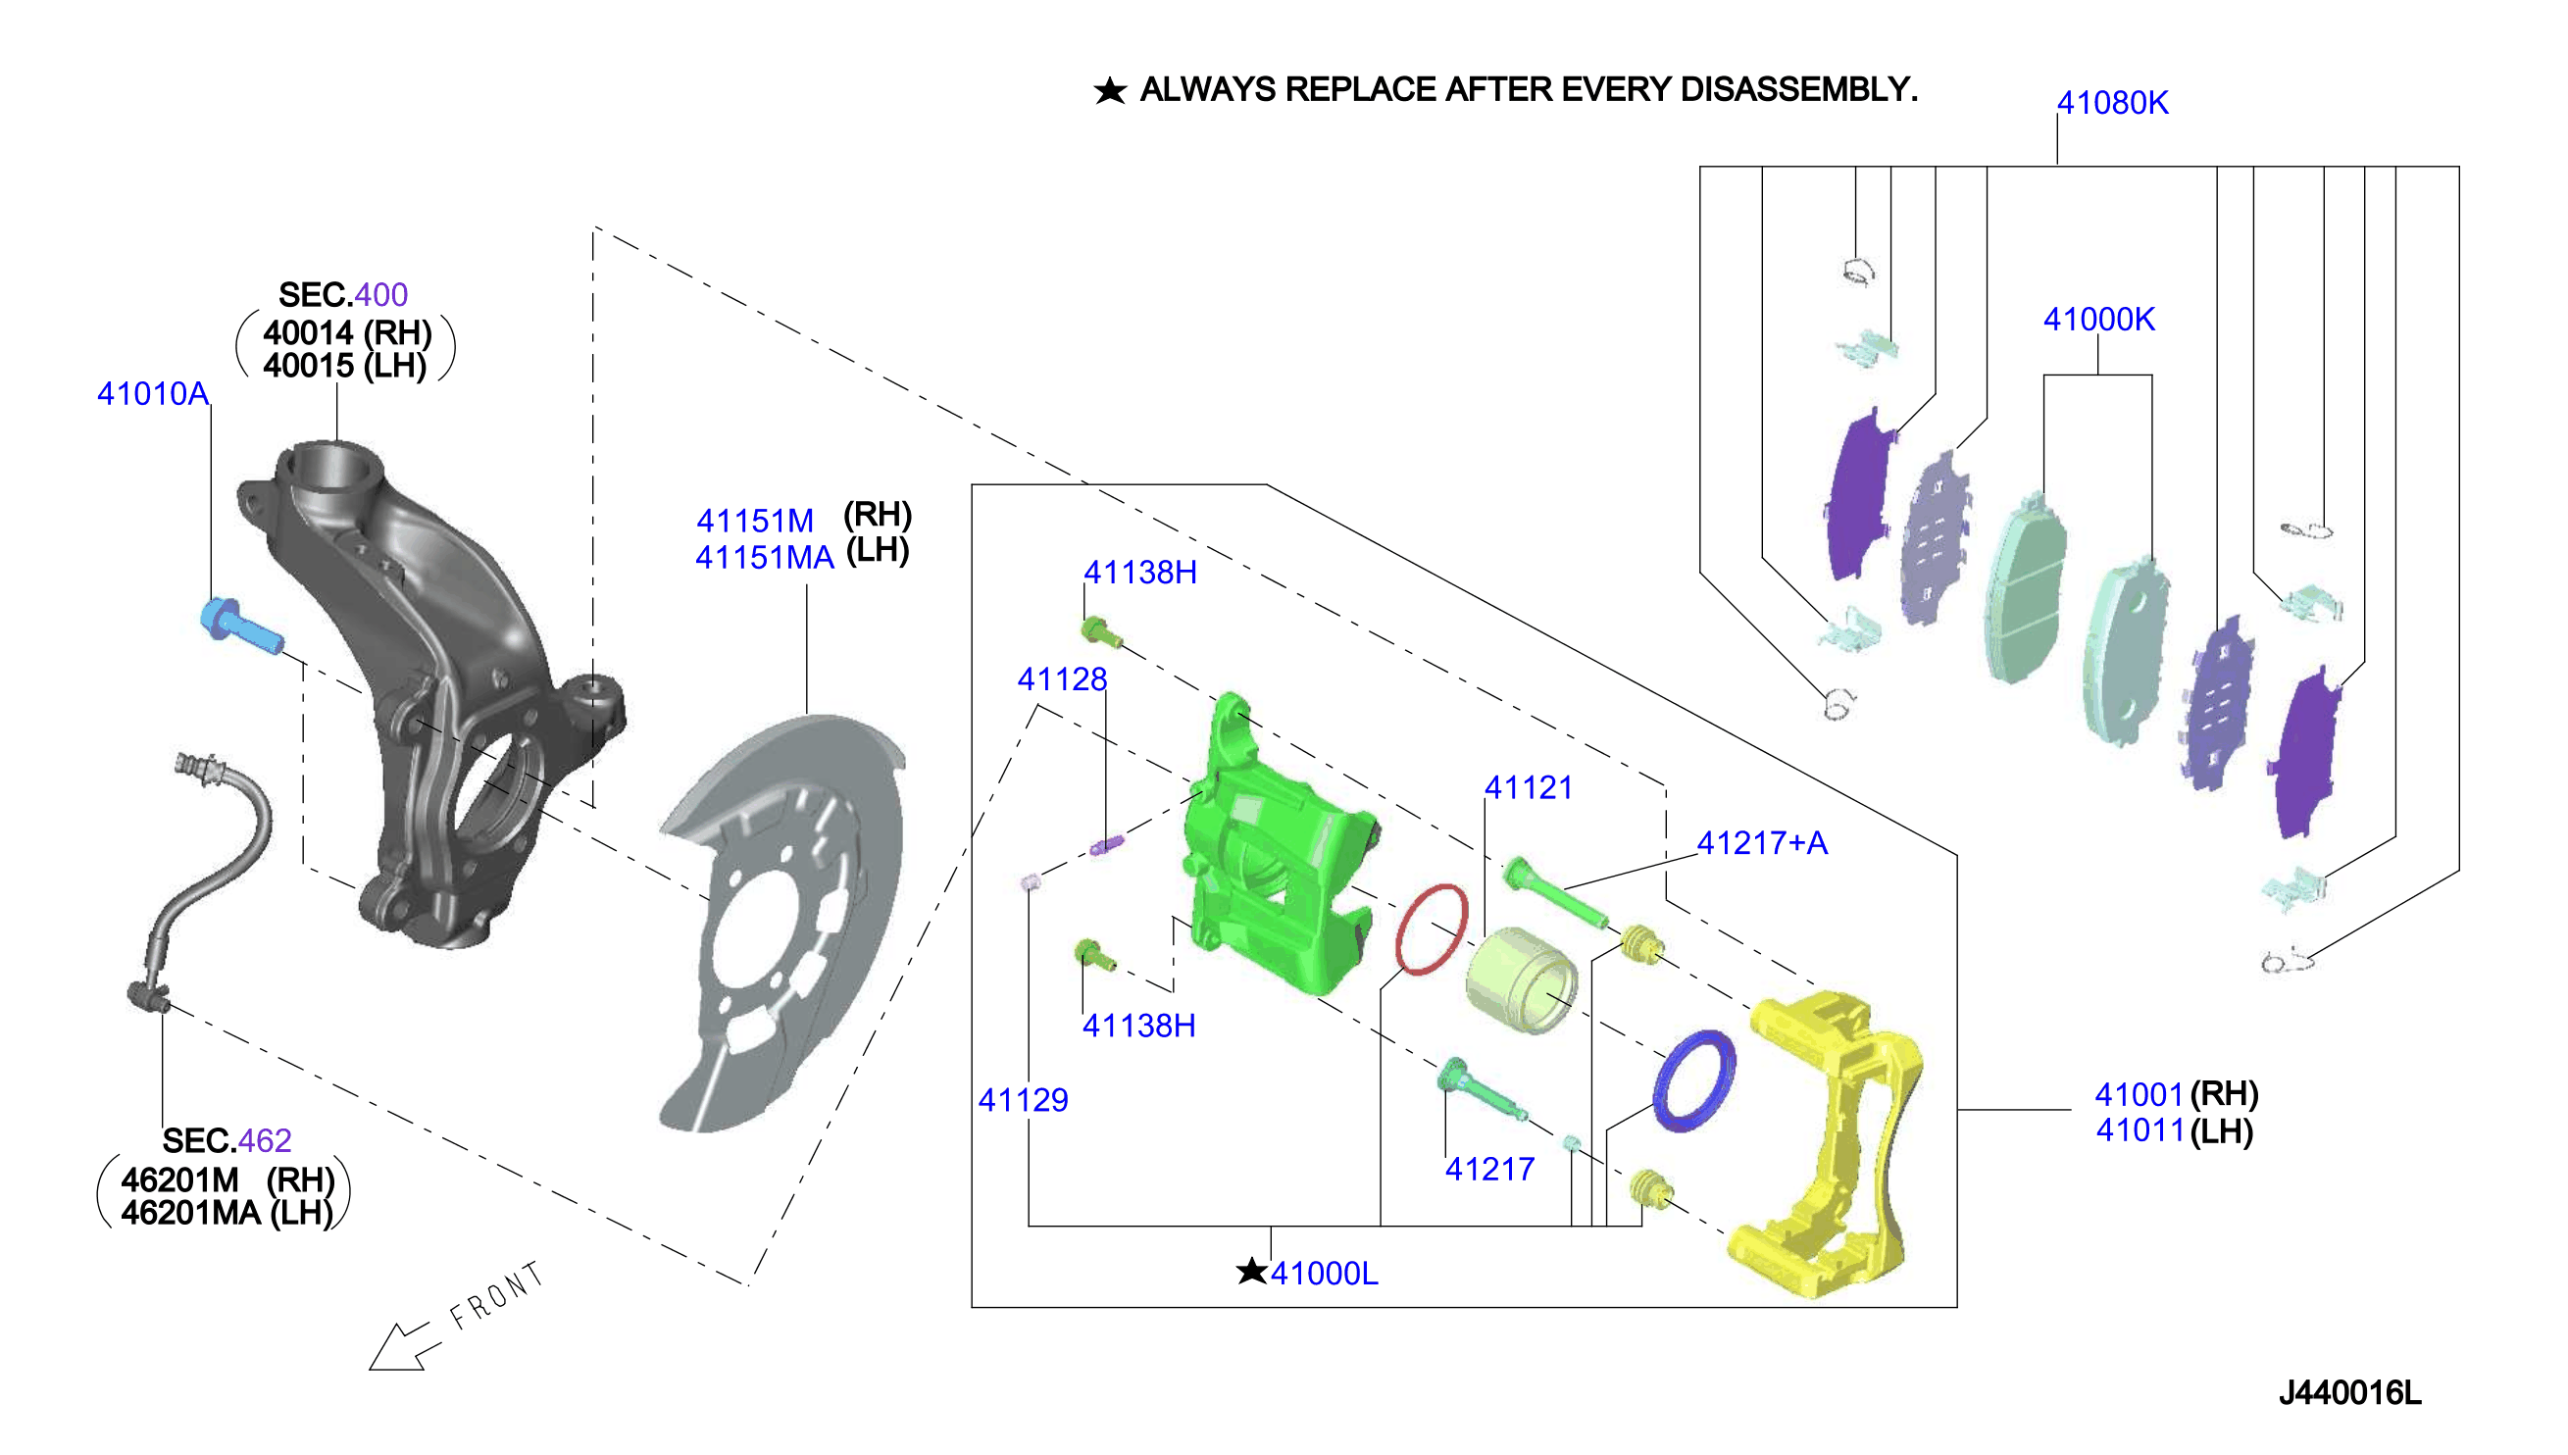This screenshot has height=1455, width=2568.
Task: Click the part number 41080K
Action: pyautogui.click(x=2111, y=103)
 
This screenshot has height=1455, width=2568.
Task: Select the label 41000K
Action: pyautogui.click(x=2098, y=320)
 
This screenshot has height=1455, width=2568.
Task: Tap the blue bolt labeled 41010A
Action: pyautogui.click(x=241, y=625)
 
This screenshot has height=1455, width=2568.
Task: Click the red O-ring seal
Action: pyautogui.click(x=1431, y=928)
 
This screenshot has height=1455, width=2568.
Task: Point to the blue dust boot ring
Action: pyautogui.click(x=1692, y=1080)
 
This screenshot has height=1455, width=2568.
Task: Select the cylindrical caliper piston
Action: pyautogui.click(x=1521, y=980)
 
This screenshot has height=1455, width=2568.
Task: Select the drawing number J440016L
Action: pyautogui.click(x=2349, y=1393)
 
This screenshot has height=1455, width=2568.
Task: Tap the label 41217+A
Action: pyautogui.click(x=1762, y=843)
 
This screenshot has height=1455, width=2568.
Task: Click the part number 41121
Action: pyautogui.click(x=1528, y=787)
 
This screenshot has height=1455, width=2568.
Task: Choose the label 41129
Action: pyautogui.click(x=1024, y=1100)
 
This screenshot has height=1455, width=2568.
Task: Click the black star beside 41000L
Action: pyautogui.click(x=1251, y=1271)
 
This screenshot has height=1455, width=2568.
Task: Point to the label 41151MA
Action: pyautogui.click(x=765, y=558)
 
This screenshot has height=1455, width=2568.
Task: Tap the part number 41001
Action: pyautogui.click(x=2139, y=1095)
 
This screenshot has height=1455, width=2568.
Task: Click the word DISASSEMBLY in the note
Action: pyautogui.click(x=1798, y=90)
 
